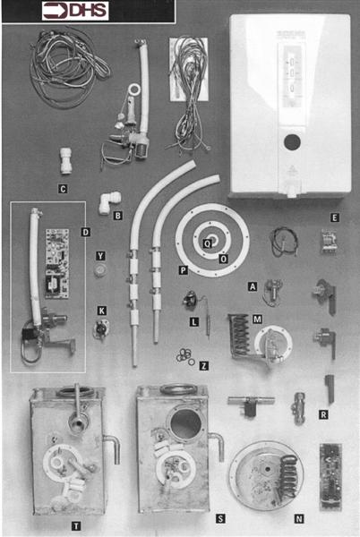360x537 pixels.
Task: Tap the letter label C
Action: [x=62, y=189]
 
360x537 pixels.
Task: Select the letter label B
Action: [x=117, y=215]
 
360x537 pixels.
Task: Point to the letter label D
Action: [x=84, y=232]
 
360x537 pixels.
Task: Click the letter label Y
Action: [x=101, y=256]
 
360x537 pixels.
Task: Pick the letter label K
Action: [x=101, y=310]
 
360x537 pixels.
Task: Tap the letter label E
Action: [x=333, y=217]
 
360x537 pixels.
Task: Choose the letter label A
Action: [x=253, y=286]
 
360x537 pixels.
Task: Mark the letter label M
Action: [x=257, y=319]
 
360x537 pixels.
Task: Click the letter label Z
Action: [x=204, y=366]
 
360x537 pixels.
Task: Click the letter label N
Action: [x=299, y=516]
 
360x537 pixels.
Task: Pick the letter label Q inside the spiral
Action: [x=208, y=243]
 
